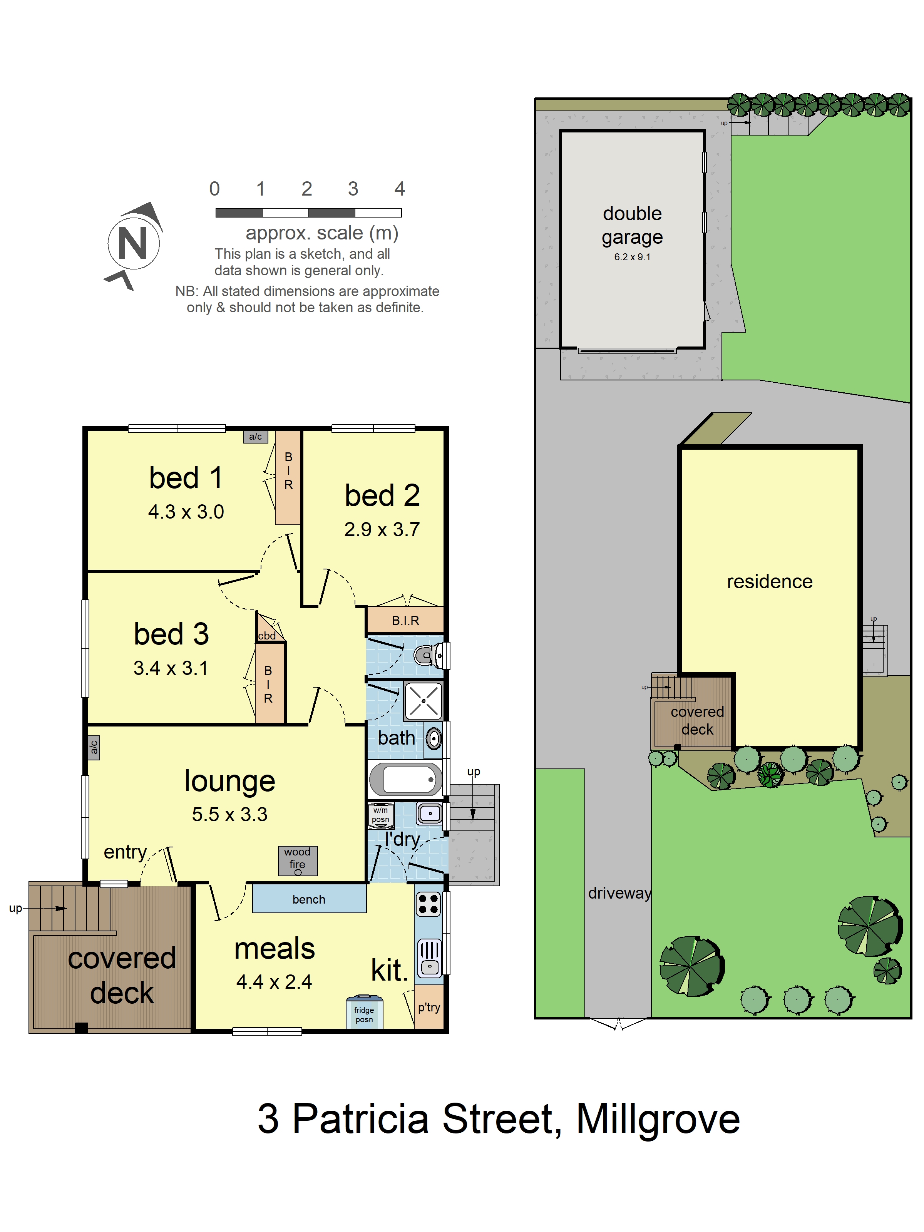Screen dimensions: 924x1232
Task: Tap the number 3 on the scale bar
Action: click(353, 189)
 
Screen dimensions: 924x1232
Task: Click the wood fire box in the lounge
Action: click(298, 860)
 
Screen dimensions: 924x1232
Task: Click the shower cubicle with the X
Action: click(423, 701)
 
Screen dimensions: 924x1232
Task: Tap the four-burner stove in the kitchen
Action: click(428, 904)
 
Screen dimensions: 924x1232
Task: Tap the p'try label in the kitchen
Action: click(429, 1007)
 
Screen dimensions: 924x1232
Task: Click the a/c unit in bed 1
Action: click(256, 437)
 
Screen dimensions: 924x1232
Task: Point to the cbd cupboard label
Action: click(267, 636)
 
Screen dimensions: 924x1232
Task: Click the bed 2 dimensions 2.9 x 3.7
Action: click(382, 529)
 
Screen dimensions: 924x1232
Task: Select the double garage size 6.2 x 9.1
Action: click(632, 257)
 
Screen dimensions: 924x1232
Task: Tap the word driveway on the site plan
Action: click(619, 893)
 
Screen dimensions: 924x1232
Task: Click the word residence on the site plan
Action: click(770, 581)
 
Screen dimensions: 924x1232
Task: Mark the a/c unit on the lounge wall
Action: click(94, 747)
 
